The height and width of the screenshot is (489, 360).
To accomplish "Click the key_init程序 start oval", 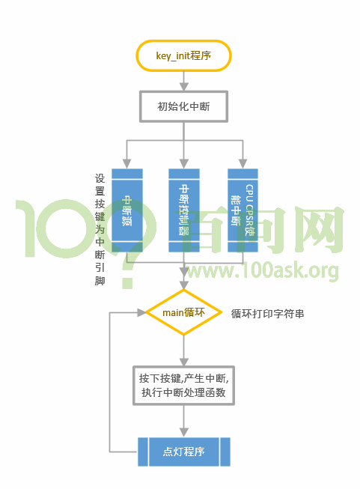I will coord(183,56).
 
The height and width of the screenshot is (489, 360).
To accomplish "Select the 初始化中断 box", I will coord(183,106).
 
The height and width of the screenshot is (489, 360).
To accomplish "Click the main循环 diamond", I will coord(183,312).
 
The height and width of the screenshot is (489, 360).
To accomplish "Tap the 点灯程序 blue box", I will coord(183,452).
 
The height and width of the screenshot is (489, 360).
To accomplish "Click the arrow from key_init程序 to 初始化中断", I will coord(183,81).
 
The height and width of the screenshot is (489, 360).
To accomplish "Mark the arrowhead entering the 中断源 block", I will coord(127,163).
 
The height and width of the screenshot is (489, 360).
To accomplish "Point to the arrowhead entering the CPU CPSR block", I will coord(242,163).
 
